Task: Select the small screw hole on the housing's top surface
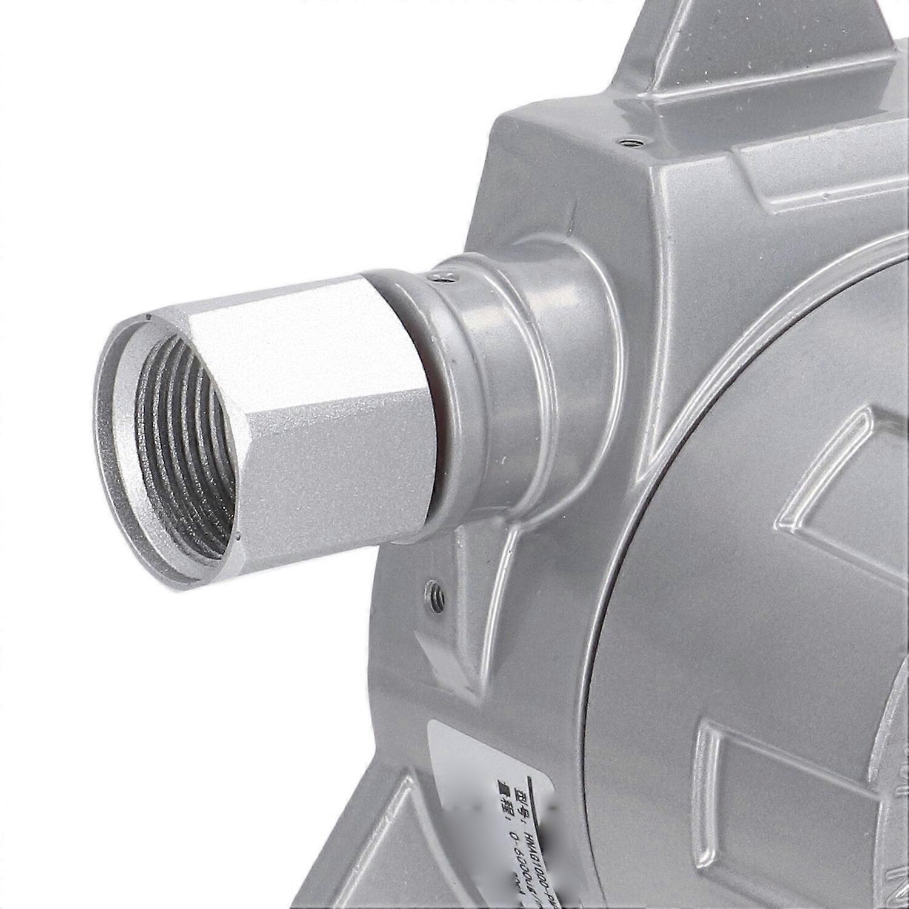(632, 142)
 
